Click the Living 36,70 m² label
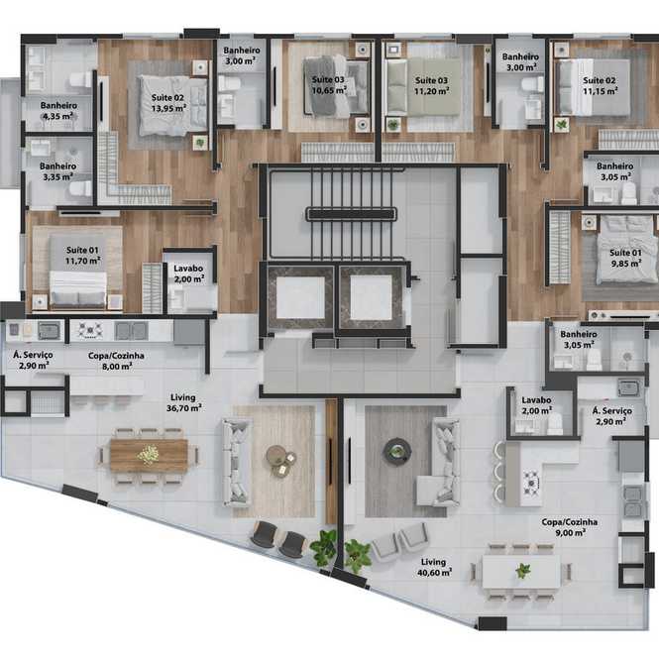(x=183, y=402)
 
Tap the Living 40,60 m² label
(x=434, y=567)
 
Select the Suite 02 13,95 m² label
(x=168, y=103)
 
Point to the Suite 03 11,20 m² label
(x=432, y=86)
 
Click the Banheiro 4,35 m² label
(x=58, y=111)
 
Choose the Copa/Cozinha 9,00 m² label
(x=570, y=527)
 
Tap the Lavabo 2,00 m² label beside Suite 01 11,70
(x=188, y=274)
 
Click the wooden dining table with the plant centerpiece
(x=149, y=456)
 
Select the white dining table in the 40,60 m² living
(x=521, y=572)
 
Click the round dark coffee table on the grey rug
(x=396, y=451)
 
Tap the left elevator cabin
(x=300, y=297)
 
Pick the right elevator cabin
(x=371, y=297)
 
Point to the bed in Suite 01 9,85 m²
(x=627, y=250)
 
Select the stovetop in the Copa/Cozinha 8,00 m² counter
(x=90, y=330)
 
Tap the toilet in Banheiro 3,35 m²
(x=81, y=188)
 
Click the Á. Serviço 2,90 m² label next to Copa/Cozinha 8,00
(x=34, y=360)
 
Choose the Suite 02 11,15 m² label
(x=600, y=86)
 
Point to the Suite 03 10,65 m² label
(x=329, y=85)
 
